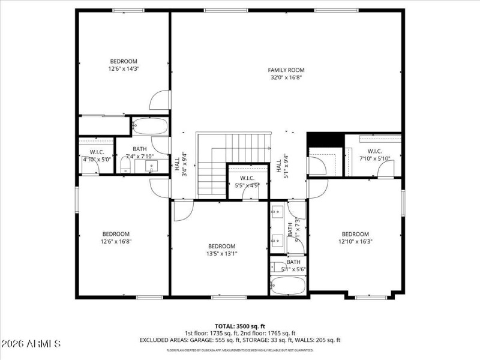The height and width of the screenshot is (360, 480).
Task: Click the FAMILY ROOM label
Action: click(x=286, y=70)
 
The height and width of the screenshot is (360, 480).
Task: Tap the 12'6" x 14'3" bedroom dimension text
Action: click(x=123, y=69)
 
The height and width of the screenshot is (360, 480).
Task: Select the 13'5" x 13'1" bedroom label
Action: click(x=221, y=254)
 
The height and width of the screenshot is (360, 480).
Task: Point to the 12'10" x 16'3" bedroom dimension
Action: click(x=355, y=242)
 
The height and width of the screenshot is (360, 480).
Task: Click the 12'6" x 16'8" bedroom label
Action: click(x=116, y=242)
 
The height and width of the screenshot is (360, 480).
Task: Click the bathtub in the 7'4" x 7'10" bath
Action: click(x=150, y=127)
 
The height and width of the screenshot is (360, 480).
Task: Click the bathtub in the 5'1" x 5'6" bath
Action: click(x=289, y=286)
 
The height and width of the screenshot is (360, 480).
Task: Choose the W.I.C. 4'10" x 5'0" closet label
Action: click(x=97, y=155)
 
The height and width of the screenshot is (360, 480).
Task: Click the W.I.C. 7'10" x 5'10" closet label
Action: click(x=374, y=155)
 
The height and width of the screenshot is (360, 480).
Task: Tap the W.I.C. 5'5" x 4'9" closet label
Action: click(x=247, y=182)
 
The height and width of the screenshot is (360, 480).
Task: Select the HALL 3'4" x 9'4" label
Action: click(x=181, y=164)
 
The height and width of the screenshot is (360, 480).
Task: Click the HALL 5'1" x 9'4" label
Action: click(x=282, y=164)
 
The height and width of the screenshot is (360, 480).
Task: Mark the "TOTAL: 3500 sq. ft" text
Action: click(x=240, y=326)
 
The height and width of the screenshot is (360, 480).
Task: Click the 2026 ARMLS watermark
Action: click(x=31, y=344)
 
